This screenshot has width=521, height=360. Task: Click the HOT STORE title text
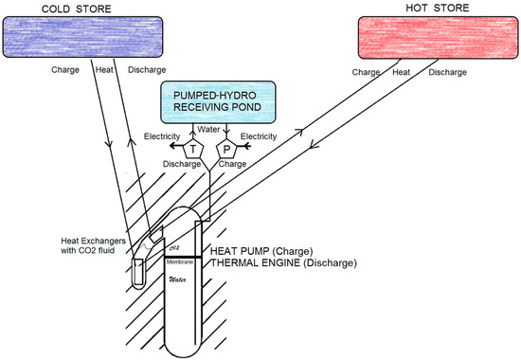(430, 9)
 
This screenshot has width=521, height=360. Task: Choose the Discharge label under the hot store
(447, 69)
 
